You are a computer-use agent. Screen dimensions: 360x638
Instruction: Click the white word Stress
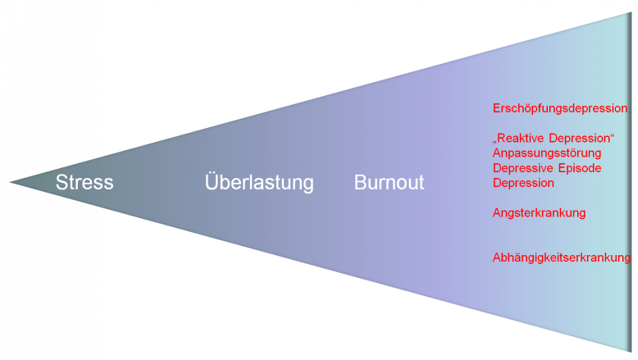click(x=84, y=182)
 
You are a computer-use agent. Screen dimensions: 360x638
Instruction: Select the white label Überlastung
click(x=259, y=182)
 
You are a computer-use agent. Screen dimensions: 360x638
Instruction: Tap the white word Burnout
click(x=389, y=182)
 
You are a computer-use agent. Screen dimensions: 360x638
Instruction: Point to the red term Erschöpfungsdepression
click(x=560, y=108)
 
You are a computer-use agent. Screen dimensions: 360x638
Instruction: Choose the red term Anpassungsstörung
click(x=547, y=153)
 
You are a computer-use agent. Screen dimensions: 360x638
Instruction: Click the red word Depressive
click(x=523, y=168)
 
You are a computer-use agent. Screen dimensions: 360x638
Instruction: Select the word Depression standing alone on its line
click(x=523, y=183)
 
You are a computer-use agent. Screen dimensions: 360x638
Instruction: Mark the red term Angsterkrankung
click(x=539, y=213)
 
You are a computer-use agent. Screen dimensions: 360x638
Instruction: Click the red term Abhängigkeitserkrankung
click(x=562, y=257)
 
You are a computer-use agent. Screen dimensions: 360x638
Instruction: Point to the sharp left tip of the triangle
click(x=11, y=182)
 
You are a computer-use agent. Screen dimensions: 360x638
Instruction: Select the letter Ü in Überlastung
click(x=212, y=181)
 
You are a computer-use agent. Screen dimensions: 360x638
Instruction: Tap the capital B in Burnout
click(x=360, y=182)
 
